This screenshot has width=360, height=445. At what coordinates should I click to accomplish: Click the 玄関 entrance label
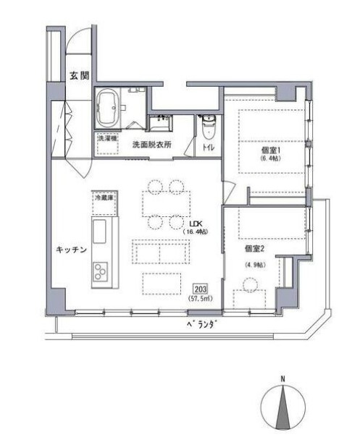click(78, 75)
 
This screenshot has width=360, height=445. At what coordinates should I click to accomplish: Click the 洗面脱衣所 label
click(152, 144)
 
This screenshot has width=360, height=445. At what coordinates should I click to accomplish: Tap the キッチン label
click(71, 250)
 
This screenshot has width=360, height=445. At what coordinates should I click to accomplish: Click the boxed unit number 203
click(200, 287)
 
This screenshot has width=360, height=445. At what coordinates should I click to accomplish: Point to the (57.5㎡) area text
click(200, 298)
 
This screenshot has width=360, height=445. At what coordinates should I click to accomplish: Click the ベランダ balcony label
click(197, 326)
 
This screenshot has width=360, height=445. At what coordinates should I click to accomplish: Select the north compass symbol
click(283, 410)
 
